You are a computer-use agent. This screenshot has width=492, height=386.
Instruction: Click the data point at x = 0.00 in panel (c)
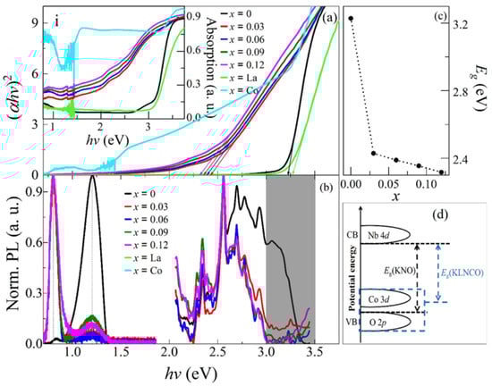pyautogui.click(x=351, y=18)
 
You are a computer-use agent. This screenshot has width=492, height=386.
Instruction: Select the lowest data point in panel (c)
pyautogui.click(x=441, y=172)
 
